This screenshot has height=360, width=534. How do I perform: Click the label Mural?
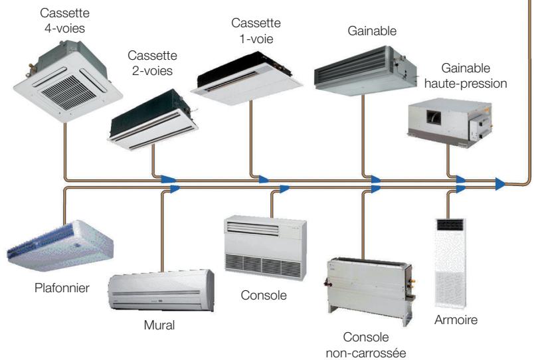159,325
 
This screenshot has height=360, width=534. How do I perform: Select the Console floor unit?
265,243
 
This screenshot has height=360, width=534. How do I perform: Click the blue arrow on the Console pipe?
284,189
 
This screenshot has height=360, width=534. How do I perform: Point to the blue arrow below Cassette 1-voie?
263,179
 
